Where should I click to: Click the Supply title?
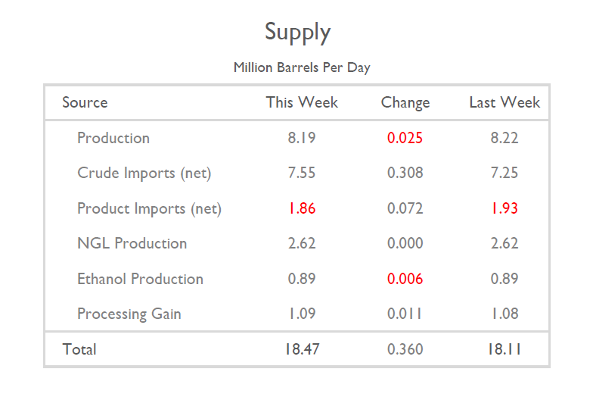coord(297,33)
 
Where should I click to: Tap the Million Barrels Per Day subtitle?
coord(302,67)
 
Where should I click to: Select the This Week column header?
coord(302,102)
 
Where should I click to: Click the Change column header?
coord(405,102)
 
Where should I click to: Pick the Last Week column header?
coord(505,102)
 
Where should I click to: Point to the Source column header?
coord(85,102)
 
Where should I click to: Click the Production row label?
coord(113,138)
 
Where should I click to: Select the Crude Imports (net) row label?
coord(144,173)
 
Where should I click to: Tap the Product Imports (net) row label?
coord(149,208)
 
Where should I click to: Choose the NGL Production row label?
coord(132,243)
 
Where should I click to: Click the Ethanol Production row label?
coord(140,279)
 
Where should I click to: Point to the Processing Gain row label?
coord(129,314)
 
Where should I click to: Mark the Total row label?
coord(79,349)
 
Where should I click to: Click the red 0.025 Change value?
coord(405,138)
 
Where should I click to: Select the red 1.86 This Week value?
coord(302,208)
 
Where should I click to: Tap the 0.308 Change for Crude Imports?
coord(405,173)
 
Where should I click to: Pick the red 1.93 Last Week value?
coord(505,208)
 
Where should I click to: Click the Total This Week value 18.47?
coord(302,349)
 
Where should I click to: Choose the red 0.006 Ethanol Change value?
coord(405,279)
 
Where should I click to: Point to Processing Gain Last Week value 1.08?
coord(505,314)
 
